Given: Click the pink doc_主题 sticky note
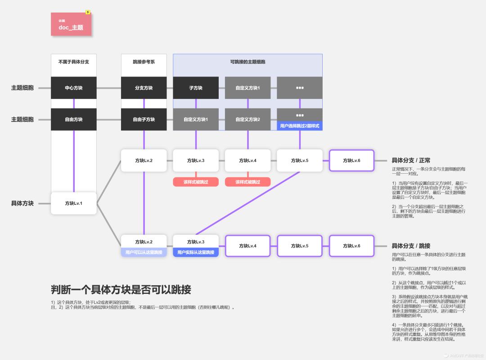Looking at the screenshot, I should [71, 24].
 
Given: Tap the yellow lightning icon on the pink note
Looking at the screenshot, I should [88, 13].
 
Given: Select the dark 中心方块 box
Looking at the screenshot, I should [74, 88].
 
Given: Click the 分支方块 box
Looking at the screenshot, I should [144, 88].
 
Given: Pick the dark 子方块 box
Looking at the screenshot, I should [196, 88].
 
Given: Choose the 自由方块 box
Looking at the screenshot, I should [74, 119].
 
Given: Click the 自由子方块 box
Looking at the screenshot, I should [144, 119].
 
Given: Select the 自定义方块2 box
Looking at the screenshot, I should [247, 119].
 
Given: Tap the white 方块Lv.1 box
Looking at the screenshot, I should [74, 203].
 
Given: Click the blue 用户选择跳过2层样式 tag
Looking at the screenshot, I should [300, 126].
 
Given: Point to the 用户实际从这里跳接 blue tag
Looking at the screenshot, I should [196, 252].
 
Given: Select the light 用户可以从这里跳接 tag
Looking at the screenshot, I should [144, 252].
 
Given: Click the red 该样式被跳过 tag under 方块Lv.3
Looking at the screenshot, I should [196, 182].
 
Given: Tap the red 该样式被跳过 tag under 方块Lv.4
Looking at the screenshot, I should [247, 182].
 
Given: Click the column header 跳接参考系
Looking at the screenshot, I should [144, 62].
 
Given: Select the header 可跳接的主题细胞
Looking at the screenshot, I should [247, 62].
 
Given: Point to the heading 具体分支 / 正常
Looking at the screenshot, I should [411, 160].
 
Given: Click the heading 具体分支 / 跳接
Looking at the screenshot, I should [411, 246].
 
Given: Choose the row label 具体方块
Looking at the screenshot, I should [22, 203].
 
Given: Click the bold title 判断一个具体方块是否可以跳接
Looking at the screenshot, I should [121, 289].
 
